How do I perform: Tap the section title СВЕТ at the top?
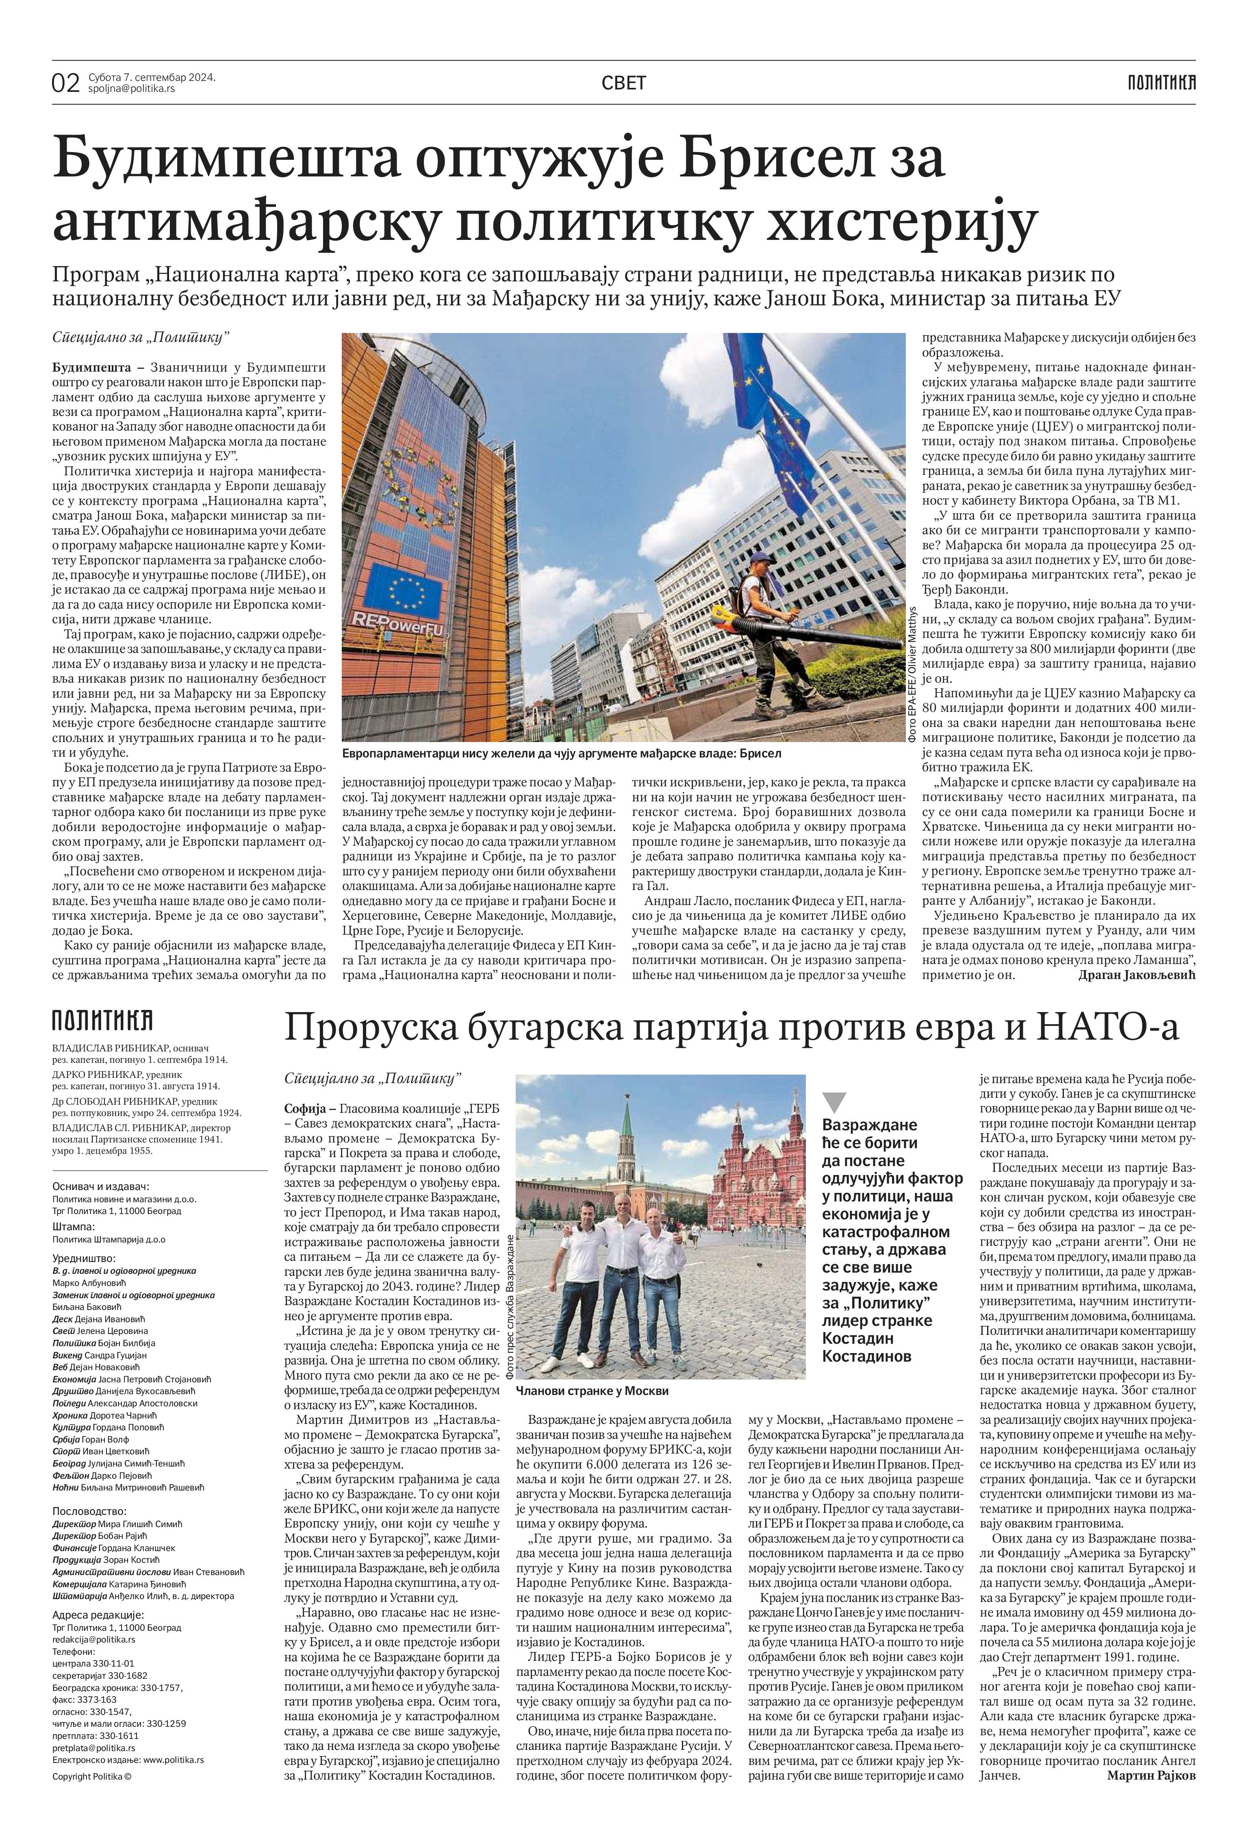tap(624, 83)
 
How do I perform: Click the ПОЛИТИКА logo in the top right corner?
tap(1162, 82)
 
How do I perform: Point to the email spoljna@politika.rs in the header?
tap(132, 89)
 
